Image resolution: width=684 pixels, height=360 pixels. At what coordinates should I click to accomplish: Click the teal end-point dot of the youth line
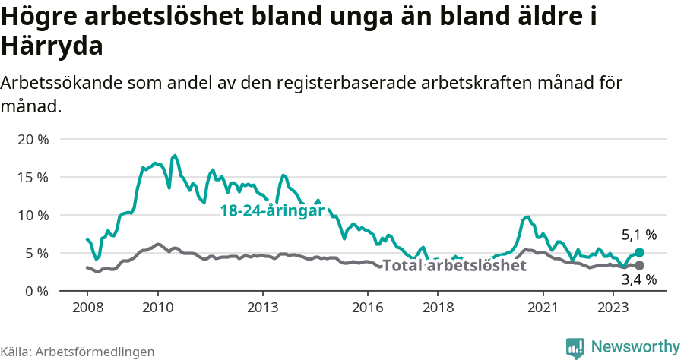click(x=639, y=252)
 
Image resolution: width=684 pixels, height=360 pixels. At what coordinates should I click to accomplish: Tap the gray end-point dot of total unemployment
click(x=639, y=265)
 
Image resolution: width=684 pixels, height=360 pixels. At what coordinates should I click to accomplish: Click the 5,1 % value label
click(x=638, y=235)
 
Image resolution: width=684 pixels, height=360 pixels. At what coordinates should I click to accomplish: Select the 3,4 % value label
click(x=638, y=280)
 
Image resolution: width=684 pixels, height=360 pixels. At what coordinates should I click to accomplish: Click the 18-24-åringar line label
click(x=272, y=211)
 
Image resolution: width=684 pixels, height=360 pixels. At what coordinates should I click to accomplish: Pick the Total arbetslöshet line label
click(x=454, y=266)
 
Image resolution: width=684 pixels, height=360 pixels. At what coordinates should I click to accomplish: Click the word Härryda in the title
click(x=52, y=47)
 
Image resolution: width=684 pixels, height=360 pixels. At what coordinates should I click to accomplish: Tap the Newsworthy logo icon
click(x=576, y=347)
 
